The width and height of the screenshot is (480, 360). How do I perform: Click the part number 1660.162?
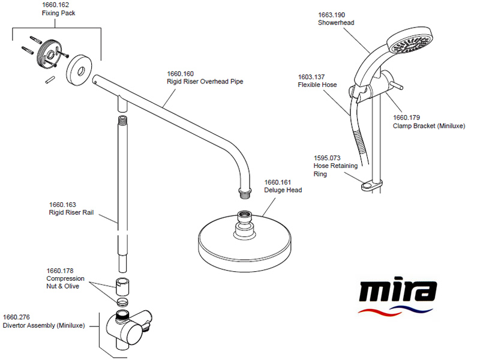pyautogui.click(x=55, y=5)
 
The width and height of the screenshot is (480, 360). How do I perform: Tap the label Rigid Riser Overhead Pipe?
pyautogui.click(x=205, y=82)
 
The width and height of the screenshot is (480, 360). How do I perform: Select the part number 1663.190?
pyautogui.click(x=331, y=14)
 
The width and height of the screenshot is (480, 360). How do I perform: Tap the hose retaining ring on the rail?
pyautogui.click(x=371, y=185)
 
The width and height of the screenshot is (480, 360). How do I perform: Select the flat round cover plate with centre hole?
pyautogui.click(x=79, y=71)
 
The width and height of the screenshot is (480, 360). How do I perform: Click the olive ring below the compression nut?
pyautogui.click(x=122, y=301)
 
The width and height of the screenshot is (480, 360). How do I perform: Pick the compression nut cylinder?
pyautogui.click(x=122, y=286)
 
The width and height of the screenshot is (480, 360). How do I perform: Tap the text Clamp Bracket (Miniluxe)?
pyautogui.click(x=429, y=126)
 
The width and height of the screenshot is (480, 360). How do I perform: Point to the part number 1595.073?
pyautogui.click(x=327, y=158)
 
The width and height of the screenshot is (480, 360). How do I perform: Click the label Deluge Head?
pyautogui.click(x=283, y=190)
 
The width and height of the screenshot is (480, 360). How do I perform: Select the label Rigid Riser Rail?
pyautogui.click(x=71, y=212)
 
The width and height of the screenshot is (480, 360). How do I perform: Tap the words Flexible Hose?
pyautogui.click(x=317, y=85)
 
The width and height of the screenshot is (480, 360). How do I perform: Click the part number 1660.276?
pyautogui.click(x=16, y=317)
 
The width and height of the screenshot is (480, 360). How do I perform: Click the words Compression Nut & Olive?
pyautogui.click(x=65, y=282)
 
